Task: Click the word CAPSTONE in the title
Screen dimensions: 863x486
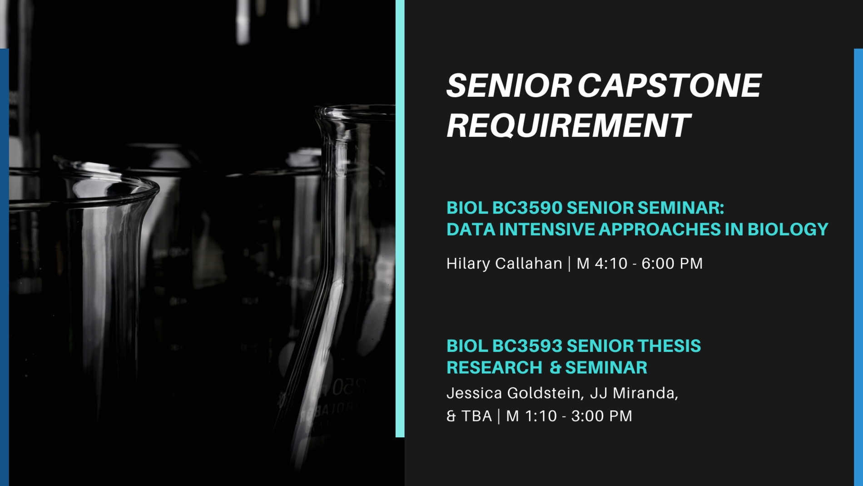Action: tap(670, 85)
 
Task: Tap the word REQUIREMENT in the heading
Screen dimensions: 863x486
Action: tap(569, 125)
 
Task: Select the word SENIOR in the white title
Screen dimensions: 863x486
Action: tap(509, 85)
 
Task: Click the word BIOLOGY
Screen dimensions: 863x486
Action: tap(788, 229)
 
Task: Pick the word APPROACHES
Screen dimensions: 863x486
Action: tap(660, 229)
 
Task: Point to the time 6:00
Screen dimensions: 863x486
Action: tap(658, 264)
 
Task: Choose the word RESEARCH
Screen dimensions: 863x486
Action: tap(494, 367)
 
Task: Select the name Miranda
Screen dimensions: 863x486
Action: tap(645, 393)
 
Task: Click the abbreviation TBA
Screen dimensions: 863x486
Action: tap(476, 416)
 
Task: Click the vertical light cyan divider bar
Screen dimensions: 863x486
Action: tap(400, 219)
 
